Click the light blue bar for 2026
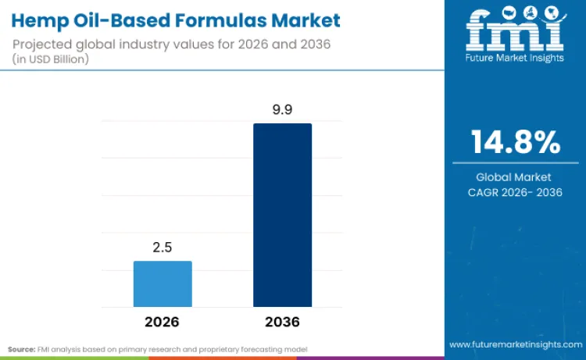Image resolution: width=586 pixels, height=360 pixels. [x=163, y=283]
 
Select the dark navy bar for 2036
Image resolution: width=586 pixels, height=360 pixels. [x=282, y=215]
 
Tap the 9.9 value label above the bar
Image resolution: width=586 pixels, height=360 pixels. [x=282, y=111]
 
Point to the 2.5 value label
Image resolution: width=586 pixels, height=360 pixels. [x=163, y=248]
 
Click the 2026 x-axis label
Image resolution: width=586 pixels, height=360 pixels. [x=163, y=322]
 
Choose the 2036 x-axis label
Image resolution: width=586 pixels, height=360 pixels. [x=282, y=322]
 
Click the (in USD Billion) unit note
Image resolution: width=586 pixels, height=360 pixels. [x=51, y=59]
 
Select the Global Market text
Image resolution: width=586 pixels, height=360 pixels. [x=514, y=177]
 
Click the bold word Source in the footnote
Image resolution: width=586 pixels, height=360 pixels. [x=21, y=348]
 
